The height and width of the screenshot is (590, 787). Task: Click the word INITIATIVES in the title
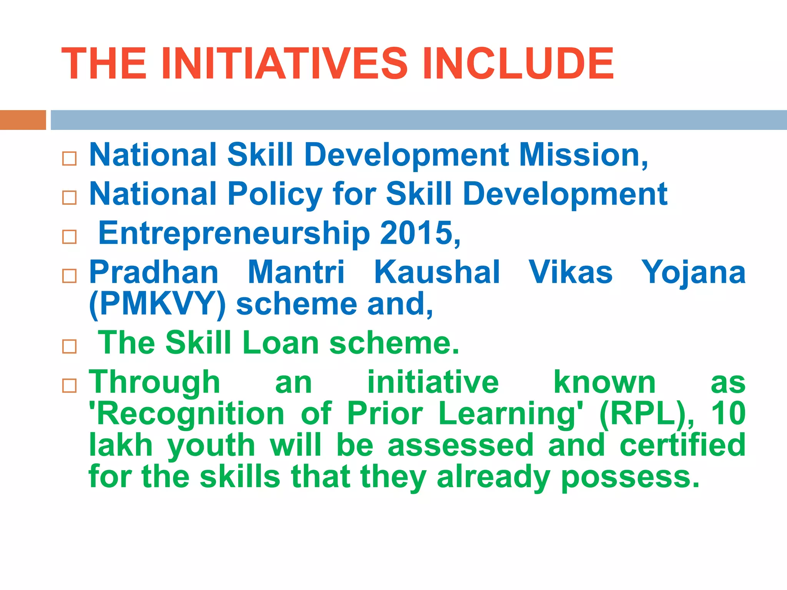coord(284,63)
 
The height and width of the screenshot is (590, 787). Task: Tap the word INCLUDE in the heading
coord(518,63)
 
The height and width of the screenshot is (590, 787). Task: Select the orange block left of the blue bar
coord(23,120)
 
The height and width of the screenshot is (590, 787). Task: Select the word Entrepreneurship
coord(234,234)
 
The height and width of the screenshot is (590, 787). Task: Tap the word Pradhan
coord(154,272)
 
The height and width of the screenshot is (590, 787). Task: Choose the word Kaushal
coord(437,272)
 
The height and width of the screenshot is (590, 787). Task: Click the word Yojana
coord(693,272)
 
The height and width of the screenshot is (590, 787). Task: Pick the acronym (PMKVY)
coord(157,304)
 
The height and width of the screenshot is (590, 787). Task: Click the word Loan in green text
coord(281,343)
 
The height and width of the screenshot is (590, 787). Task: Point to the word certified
coord(682,445)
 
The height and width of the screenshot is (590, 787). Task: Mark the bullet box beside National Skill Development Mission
coord(70,159)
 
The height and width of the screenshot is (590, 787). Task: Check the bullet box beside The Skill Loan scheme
coord(70,346)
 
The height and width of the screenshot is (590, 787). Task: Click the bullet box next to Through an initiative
coord(70,385)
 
